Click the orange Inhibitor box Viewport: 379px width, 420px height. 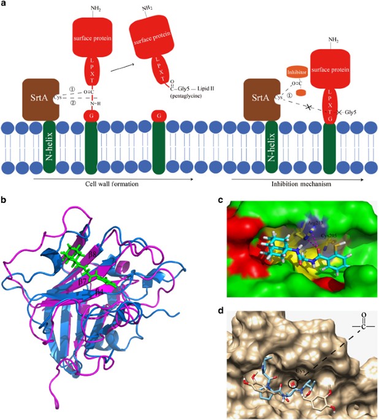(297, 72)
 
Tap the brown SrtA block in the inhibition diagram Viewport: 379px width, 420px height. (262, 96)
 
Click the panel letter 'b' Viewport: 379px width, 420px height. (5, 200)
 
